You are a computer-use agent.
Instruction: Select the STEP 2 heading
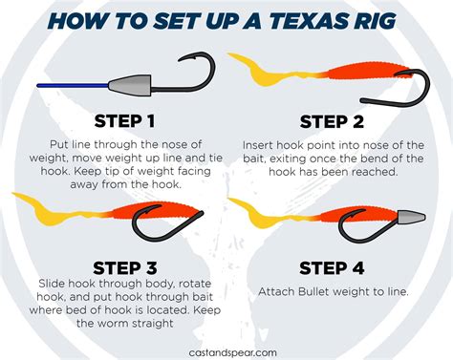pos(331,121)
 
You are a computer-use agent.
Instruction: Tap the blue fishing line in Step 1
pos(67,86)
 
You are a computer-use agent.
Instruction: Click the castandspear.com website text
pos(226,351)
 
